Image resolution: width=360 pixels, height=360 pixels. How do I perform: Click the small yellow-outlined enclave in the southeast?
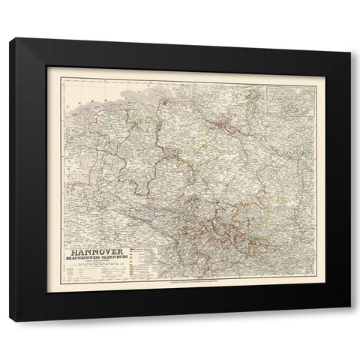pos(281,201)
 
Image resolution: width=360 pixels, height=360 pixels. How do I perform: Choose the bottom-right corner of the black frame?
pos(350,319)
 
